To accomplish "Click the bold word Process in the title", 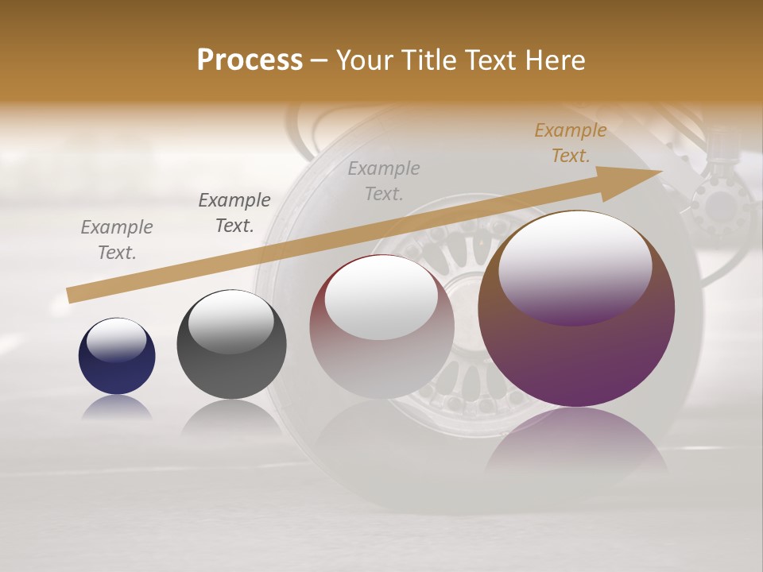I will [250, 60].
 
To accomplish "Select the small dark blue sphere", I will [117, 356].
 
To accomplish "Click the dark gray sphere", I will [231, 345].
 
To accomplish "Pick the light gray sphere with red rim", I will [381, 327].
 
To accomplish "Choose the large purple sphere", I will [576, 310].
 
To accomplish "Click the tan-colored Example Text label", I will [570, 143].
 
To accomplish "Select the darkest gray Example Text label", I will [234, 213].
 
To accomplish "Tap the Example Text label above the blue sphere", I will [117, 239].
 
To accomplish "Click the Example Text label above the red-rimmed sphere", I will [384, 180].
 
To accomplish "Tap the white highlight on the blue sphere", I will [116, 340].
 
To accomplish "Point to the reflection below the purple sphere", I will [576, 445].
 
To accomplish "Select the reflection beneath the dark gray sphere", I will [231, 418].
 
